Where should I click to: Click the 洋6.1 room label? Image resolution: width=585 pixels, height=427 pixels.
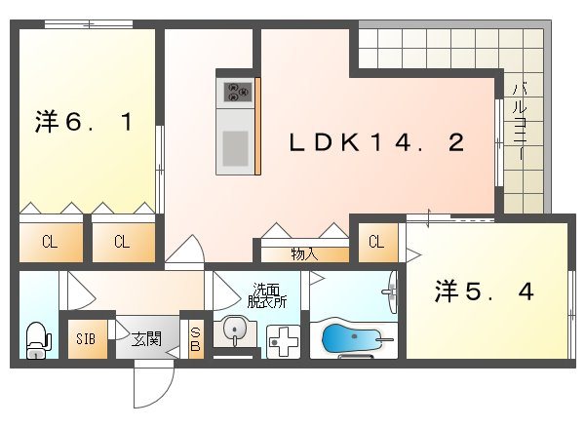pos(85,124)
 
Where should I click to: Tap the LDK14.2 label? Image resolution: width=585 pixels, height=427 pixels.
pos(375,143)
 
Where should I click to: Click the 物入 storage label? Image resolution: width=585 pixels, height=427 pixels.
pos(304,254)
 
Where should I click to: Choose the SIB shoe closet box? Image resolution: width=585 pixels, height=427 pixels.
pos(86,339)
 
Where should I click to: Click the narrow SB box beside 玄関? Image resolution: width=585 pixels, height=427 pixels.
pos(195,339)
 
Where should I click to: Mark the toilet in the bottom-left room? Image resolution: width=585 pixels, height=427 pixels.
pos(36,339)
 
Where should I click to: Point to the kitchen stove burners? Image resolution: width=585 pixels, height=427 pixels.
pos(238,93)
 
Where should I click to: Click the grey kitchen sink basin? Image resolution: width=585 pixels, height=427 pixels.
pos(235,148)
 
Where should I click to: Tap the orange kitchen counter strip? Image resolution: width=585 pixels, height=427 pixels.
pos(257,127)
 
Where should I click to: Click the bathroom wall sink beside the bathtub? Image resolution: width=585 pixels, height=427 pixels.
pos(391,291)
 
